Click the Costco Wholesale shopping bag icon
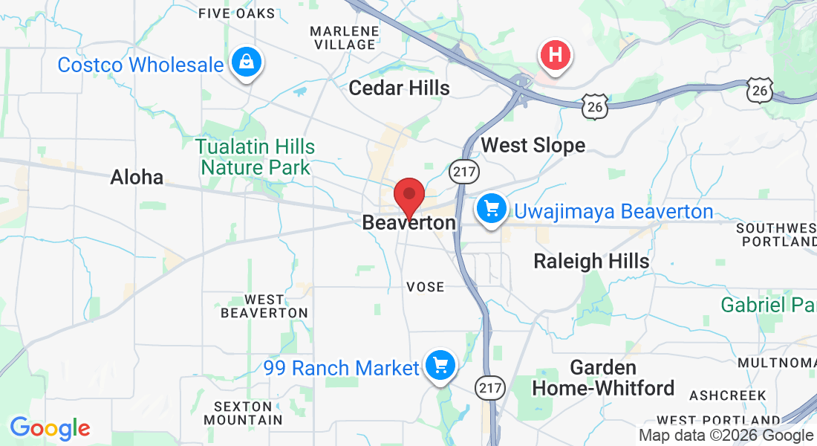click(x=246, y=62)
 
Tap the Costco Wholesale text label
click(x=140, y=65)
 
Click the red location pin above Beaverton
click(x=408, y=196)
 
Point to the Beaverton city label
click(x=408, y=222)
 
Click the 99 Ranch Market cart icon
click(x=440, y=365)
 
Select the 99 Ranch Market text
click(x=341, y=368)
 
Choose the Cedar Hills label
click(x=399, y=88)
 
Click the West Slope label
click(x=533, y=145)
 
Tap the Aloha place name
click(x=137, y=177)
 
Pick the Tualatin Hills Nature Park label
click(x=256, y=157)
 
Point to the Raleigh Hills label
click(x=592, y=261)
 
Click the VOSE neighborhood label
click(x=426, y=287)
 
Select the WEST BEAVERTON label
click(x=264, y=306)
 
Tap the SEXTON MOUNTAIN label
click(x=247, y=413)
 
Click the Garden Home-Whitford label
click(x=603, y=378)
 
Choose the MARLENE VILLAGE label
click(x=344, y=38)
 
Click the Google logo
click(x=50, y=428)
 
